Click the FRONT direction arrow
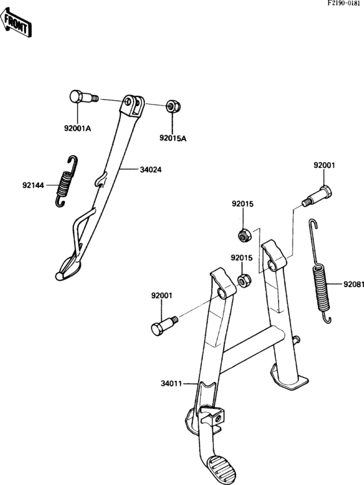coord(16,23)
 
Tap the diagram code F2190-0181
coord(344,5)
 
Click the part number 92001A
coord(77,128)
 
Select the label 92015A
coord(173,138)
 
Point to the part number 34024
coord(151,170)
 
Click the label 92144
coord(33,186)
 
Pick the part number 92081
coord(354,284)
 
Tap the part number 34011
coord(172,383)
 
